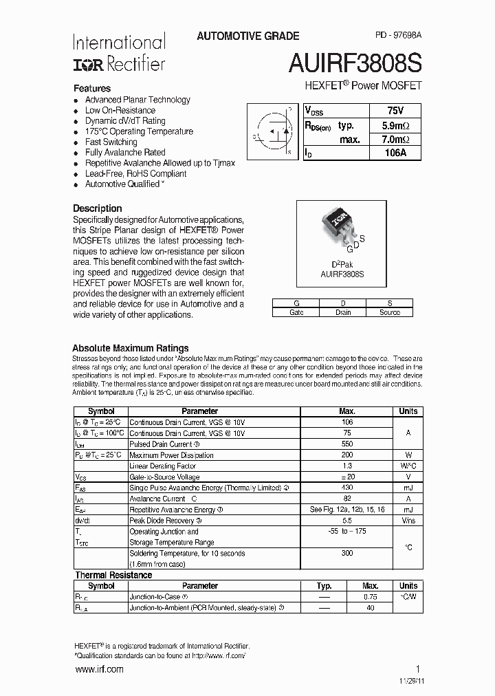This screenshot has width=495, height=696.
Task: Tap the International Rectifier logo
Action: (119, 53)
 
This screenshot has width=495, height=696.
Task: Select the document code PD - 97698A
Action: (399, 36)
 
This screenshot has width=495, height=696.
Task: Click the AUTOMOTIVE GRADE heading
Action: (247, 36)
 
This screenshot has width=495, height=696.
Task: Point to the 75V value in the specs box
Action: (395, 111)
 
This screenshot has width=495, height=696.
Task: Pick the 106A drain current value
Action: (395, 153)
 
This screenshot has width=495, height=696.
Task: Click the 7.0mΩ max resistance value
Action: (395, 140)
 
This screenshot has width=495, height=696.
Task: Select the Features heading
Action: (92, 89)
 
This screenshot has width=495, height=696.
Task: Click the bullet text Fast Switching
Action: (111, 142)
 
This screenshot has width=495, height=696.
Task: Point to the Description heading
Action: (97, 208)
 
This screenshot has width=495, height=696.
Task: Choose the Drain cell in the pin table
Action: (343, 312)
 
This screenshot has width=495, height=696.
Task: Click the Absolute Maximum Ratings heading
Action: (130, 348)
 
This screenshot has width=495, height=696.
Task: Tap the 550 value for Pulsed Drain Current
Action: (346, 444)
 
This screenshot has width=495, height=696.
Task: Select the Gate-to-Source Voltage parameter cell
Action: (164, 477)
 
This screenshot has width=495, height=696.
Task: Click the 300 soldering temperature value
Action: (346, 553)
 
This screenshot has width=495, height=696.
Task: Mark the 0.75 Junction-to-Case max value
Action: (370, 597)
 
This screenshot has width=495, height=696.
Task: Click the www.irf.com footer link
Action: (98, 669)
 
